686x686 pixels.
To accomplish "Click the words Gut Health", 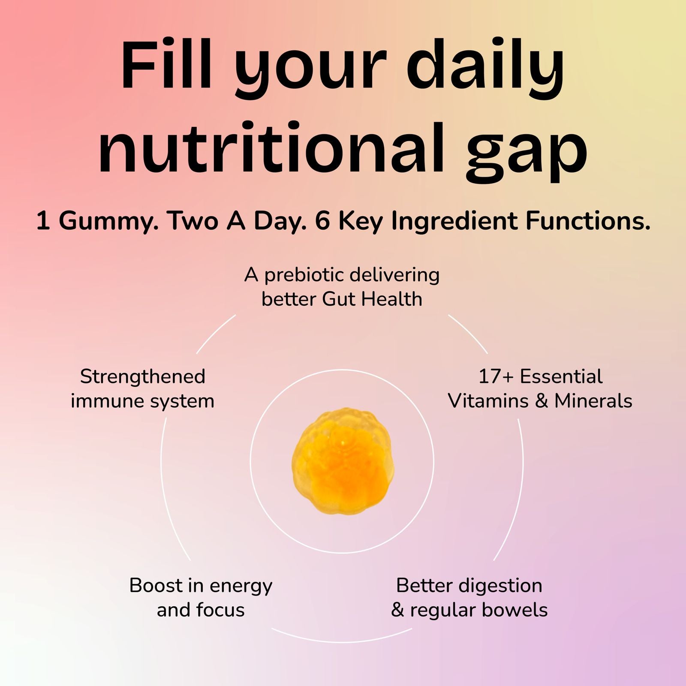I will (372, 299).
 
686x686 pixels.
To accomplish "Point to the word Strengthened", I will (143, 377).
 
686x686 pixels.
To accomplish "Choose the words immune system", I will (143, 401).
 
